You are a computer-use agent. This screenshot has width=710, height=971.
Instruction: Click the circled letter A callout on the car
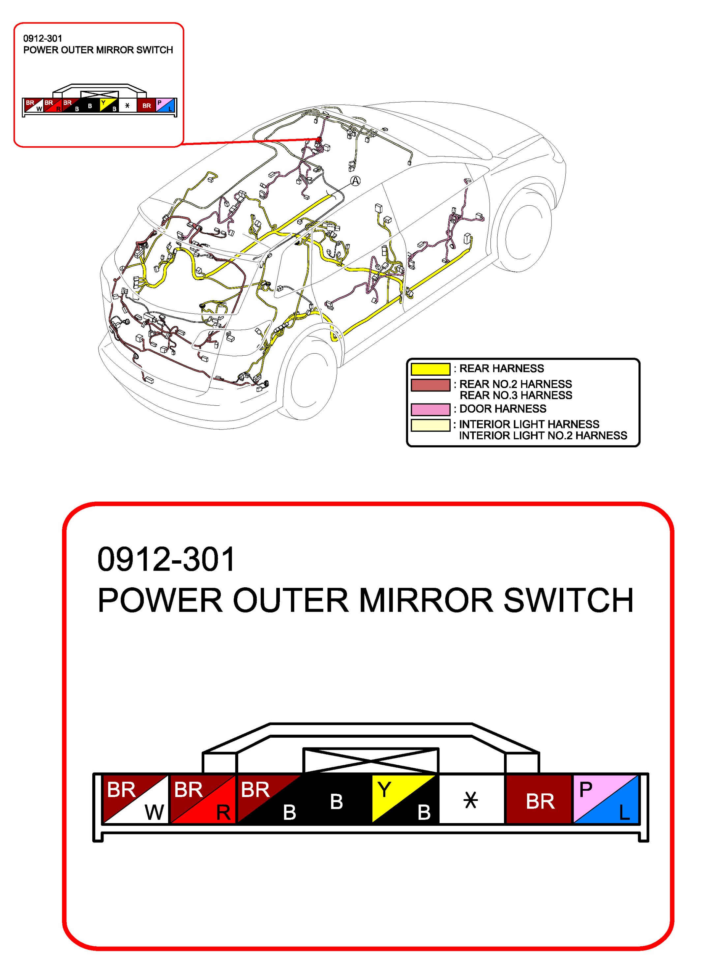coord(355,181)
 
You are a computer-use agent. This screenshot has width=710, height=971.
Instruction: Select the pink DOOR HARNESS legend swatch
coord(430,409)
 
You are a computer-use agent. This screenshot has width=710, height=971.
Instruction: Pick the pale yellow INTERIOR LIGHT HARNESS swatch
coord(430,425)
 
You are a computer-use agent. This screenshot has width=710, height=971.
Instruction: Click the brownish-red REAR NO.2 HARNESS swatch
coord(430,385)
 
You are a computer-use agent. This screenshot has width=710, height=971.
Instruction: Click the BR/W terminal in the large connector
coord(136,799)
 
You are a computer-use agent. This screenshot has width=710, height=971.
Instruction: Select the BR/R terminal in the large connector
coord(203,799)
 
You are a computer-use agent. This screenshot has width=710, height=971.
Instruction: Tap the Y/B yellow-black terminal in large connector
coord(404,799)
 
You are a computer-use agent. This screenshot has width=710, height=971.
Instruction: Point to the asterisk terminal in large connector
coord(471,799)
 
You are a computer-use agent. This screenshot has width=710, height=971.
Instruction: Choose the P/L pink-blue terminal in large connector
coord(606,799)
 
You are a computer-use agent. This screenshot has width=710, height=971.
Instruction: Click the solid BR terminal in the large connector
coord(539,799)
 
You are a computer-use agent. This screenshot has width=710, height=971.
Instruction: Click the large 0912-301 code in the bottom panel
coord(166,559)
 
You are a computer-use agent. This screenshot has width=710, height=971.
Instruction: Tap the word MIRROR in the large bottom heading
coord(426,600)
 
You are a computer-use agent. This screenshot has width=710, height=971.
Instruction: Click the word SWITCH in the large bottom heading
coord(569,600)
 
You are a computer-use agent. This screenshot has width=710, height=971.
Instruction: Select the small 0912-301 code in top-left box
coord(43,38)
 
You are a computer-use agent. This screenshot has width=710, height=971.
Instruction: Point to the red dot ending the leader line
coord(319,139)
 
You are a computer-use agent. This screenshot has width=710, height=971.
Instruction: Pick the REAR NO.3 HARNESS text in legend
coord(516,395)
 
